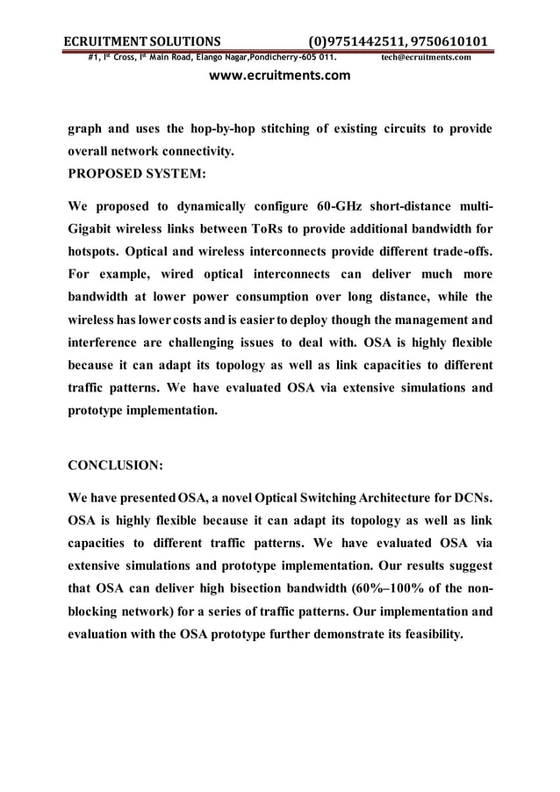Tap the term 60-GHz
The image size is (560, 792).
pos(338,207)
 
